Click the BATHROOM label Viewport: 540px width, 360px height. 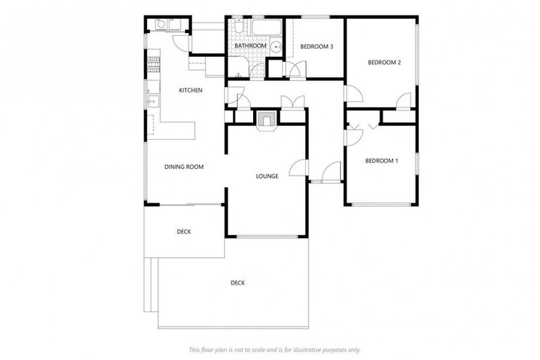pyautogui.click(x=250, y=46)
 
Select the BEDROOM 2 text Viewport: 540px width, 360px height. pyautogui.click(x=384, y=63)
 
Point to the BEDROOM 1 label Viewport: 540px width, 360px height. pyautogui.click(x=381, y=161)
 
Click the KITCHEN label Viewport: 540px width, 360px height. pyautogui.click(x=191, y=90)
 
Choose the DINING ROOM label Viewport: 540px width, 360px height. pyautogui.click(x=184, y=167)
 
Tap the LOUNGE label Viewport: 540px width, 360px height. pyautogui.click(x=267, y=176)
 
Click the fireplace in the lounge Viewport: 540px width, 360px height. pyautogui.click(x=266, y=120)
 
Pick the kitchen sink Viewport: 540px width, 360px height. pyautogui.click(x=150, y=102)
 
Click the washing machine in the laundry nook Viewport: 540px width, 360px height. pyautogui.click(x=160, y=25)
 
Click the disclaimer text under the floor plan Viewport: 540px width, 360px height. pyautogui.click(x=274, y=349)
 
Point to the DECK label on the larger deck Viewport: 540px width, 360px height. pyautogui.click(x=238, y=283)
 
